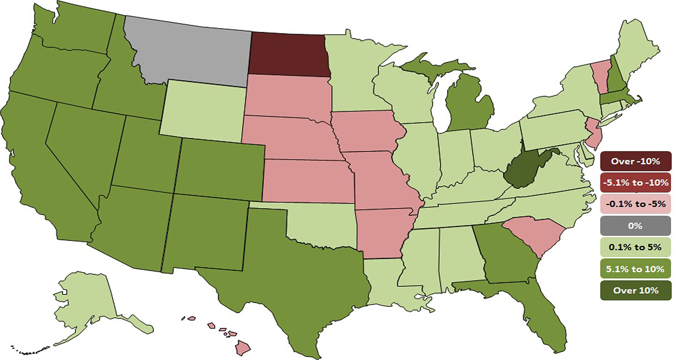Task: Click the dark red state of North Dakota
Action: pyautogui.click(x=289, y=55)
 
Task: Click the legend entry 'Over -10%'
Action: pyautogui.click(x=636, y=161)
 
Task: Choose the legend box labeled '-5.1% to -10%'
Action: pyautogui.click(x=636, y=183)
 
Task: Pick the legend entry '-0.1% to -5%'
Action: pyautogui.click(x=636, y=204)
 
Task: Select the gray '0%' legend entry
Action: pyautogui.click(x=636, y=226)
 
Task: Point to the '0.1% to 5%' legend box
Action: pyautogui.click(x=636, y=247)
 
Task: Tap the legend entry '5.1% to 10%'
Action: pyautogui.click(x=636, y=269)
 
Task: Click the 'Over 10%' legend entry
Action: pyautogui.click(x=636, y=290)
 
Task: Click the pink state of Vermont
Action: pyautogui.click(x=599, y=77)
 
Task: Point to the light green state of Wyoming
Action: pyautogui.click(x=202, y=110)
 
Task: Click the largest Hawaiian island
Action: pyautogui.click(x=242, y=348)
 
